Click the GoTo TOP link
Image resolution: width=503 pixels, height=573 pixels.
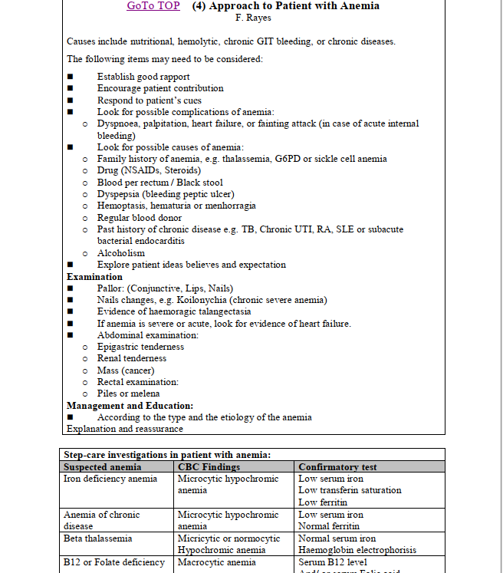pos(153,6)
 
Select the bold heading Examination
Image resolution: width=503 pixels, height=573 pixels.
pos(94,276)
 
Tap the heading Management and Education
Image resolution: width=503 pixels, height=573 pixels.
pos(130,405)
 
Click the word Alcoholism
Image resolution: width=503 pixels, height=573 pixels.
pos(120,253)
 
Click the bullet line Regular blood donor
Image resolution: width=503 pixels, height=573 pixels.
pos(139,218)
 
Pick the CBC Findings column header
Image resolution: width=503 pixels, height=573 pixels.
pos(209,466)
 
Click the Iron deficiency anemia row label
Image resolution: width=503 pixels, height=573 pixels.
pos(110,479)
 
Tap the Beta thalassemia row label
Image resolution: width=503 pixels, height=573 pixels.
pos(97,538)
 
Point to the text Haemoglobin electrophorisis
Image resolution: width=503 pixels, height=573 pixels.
pos(357,550)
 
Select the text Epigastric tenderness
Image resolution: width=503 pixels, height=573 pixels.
pos(140,347)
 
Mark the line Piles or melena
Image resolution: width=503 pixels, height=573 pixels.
pos(128,394)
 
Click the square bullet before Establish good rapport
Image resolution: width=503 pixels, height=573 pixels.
pos(71,77)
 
